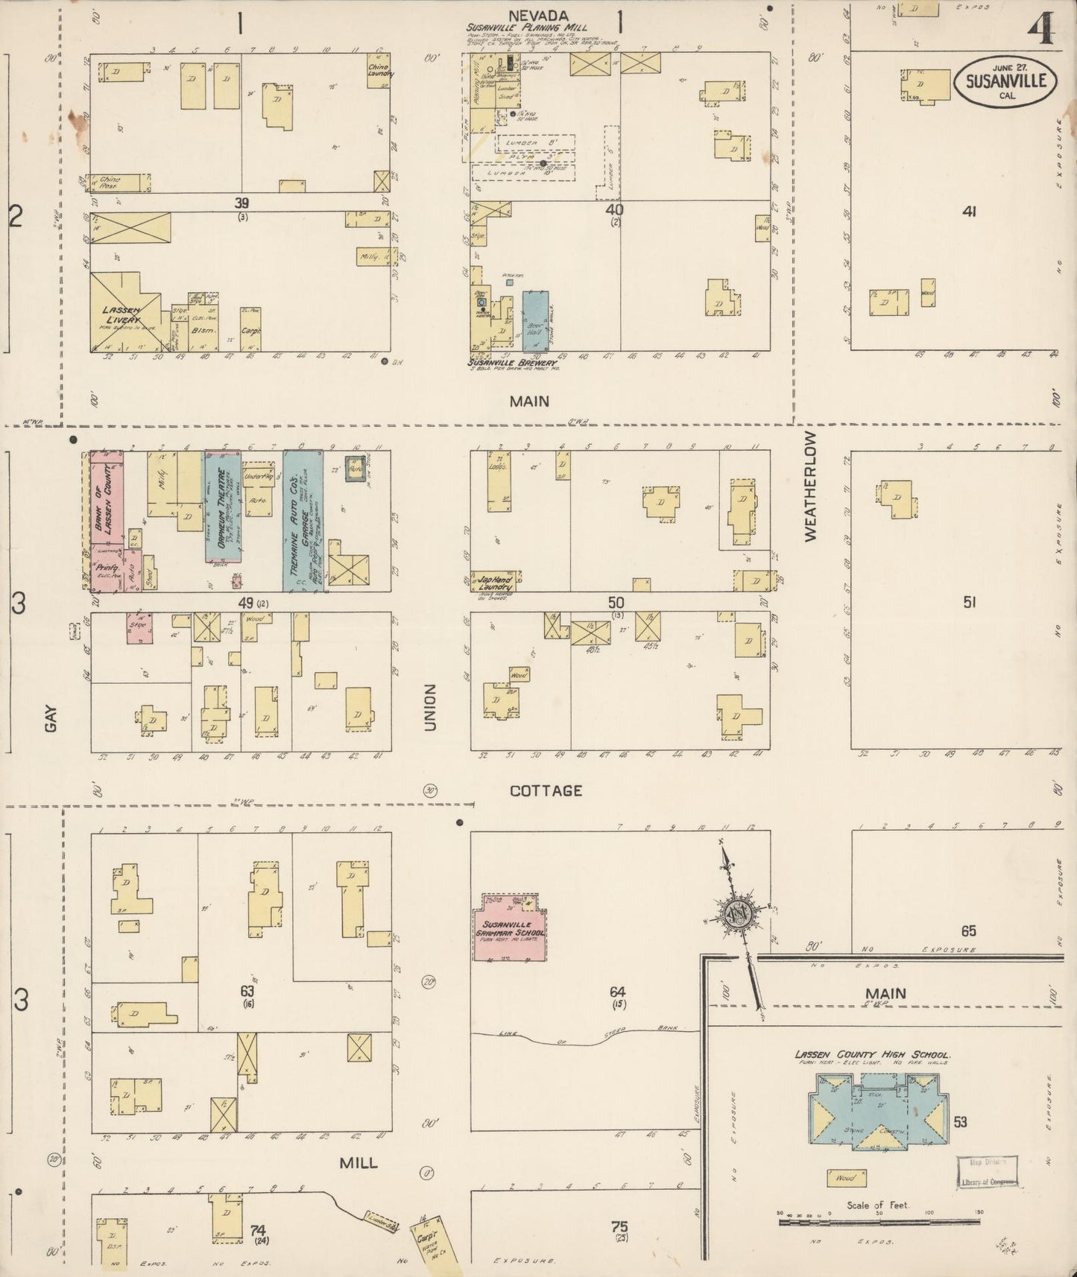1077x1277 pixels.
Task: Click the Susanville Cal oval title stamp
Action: coord(1005,83)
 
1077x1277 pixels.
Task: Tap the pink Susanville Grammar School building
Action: coord(511,928)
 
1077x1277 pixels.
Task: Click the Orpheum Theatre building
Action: coord(223,507)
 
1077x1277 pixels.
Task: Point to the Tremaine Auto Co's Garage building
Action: coord(303,521)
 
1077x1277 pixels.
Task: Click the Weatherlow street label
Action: coord(811,486)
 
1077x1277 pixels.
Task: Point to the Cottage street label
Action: coord(546,790)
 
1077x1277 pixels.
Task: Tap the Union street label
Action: coord(430,707)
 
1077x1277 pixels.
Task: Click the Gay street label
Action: coord(51,718)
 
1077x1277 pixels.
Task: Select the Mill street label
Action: coord(359,1162)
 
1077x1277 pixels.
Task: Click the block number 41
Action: coord(968,212)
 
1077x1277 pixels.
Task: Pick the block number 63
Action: coord(247,991)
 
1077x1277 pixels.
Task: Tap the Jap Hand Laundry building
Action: coord(496,582)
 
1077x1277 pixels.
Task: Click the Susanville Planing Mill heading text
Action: coord(527,28)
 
